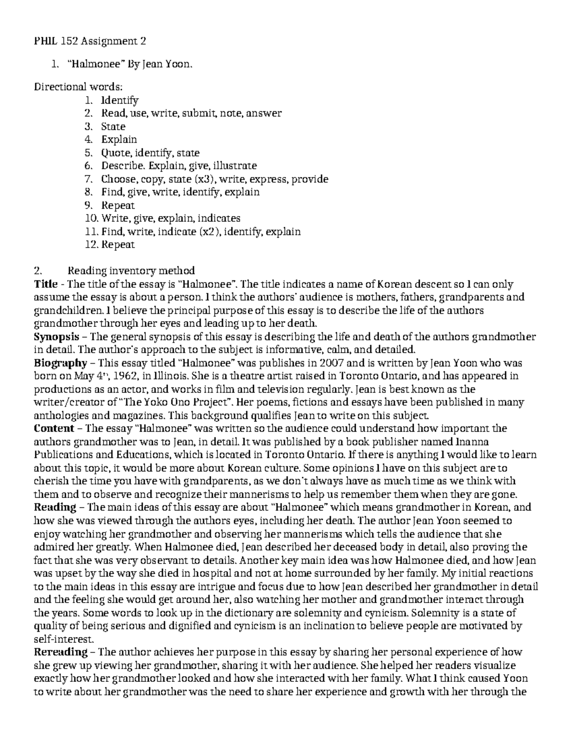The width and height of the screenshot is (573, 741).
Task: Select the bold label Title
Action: pyautogui.click(x=46, y=284)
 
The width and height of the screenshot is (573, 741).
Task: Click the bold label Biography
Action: pyautogui.click(x=61, y=364)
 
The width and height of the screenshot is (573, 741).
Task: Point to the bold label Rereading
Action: pyautogui.click(x=61, y=652)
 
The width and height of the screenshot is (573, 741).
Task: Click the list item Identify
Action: pyautogui.click(x=119, y=101)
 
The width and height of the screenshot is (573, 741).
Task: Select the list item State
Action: pyautogui.click(x=113, y=127)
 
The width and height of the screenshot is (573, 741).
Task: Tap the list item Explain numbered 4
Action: pyautogui.click(x=119, y=140)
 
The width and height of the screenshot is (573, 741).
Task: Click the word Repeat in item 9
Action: pyautogui.click(x=118, y=206)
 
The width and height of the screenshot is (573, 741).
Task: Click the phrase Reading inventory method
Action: pyautogui.click(x=131, y=271)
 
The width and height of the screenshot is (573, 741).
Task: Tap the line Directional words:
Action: pyautogui.click(x=78, y=87)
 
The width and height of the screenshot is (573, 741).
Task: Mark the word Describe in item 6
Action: pyautogui.click(x=122, y=166)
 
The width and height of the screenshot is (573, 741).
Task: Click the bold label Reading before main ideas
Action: pyautogui.click(x=55, y=507)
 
